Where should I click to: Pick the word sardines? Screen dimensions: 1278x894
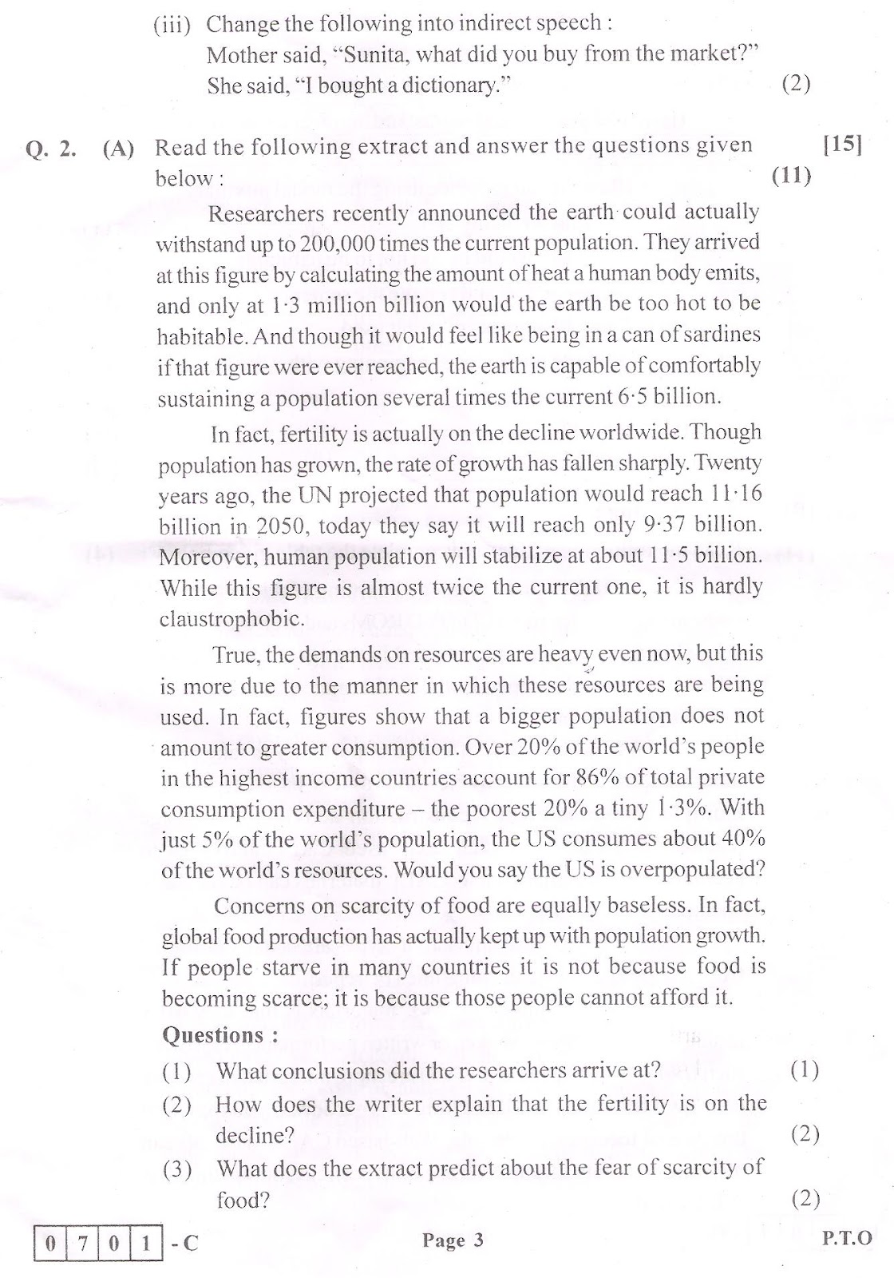click(x=718, y=335)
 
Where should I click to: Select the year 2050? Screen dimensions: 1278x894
click(x=255, y=526)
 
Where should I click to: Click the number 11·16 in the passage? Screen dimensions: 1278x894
click(x=736, y=494)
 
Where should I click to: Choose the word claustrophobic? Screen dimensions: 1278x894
click(x=231, y=619)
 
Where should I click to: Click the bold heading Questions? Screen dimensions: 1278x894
click(x=220, y=1035)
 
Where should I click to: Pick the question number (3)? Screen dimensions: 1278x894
click(x=177, y=1169)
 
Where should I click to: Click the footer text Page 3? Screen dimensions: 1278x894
click(x=453, y=1240)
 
